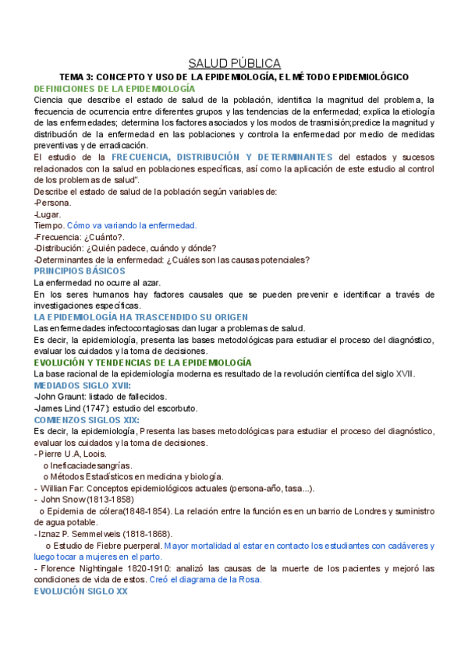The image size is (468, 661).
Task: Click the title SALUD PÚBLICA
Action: [x=235, y=64]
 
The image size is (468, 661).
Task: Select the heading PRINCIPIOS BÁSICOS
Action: [x=79, y=270]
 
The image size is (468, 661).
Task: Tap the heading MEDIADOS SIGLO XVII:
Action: [x=83, y=385]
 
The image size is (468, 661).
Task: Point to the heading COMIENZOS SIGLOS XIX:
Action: [x=87, y=419]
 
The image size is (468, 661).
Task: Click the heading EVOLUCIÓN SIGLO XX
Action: [x=81, y=592]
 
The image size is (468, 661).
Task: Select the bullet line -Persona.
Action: [x=53, y=203]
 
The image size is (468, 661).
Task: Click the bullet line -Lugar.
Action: [x=48, y=214]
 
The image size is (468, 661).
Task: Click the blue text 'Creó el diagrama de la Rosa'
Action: [x=205, y=580]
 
